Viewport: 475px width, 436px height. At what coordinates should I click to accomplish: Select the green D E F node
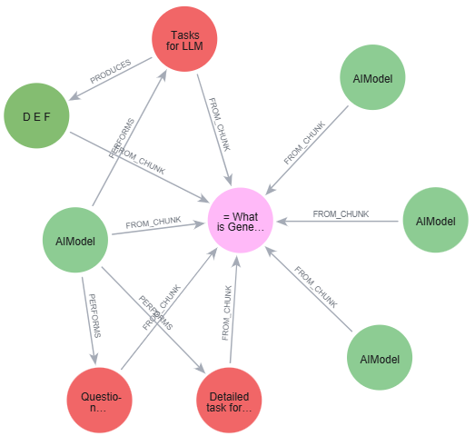tap(38, 116)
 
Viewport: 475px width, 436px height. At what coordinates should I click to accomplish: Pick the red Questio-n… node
tap(100, 402)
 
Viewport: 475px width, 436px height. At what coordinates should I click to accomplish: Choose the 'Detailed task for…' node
tap(229, 402)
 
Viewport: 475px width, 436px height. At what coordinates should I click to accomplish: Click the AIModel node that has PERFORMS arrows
tap(76, 241)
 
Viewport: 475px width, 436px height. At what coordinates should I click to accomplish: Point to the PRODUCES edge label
tap(110, 74)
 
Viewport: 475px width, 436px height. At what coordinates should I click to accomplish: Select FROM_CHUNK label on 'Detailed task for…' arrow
tap(228, 313)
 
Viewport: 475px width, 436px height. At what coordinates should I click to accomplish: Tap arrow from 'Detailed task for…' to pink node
tap(233, 309)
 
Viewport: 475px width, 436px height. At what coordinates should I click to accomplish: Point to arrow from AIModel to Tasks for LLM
tap(127, 145)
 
